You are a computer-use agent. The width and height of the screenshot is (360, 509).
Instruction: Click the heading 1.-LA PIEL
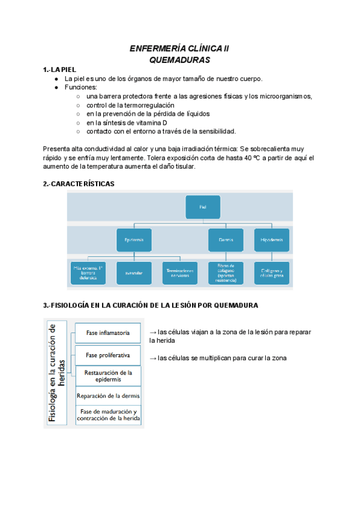click(59, 70)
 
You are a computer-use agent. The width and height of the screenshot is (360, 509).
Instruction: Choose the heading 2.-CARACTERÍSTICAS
click(79, 184)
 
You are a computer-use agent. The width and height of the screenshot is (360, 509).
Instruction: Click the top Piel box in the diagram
click(203, 206)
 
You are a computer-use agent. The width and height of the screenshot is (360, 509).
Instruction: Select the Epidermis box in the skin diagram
click(134, 239)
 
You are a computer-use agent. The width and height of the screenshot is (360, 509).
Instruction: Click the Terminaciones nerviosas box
click(180, 272)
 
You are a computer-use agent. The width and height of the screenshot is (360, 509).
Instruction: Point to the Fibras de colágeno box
click(226, 273)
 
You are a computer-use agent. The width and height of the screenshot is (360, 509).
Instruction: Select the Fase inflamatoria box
click(107, 332)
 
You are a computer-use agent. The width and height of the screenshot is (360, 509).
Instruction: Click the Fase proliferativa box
click(107, 355)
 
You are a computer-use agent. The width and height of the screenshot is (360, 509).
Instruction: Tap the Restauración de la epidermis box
click(108, 376)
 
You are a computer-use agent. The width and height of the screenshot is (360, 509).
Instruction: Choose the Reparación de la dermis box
click(108, 396)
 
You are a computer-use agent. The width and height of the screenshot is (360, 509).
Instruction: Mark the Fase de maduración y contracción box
click(108, 415)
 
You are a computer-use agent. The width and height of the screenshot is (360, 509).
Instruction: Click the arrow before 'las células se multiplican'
click(152, 358)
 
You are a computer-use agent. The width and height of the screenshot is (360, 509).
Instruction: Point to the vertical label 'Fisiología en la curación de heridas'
click(58, 373)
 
